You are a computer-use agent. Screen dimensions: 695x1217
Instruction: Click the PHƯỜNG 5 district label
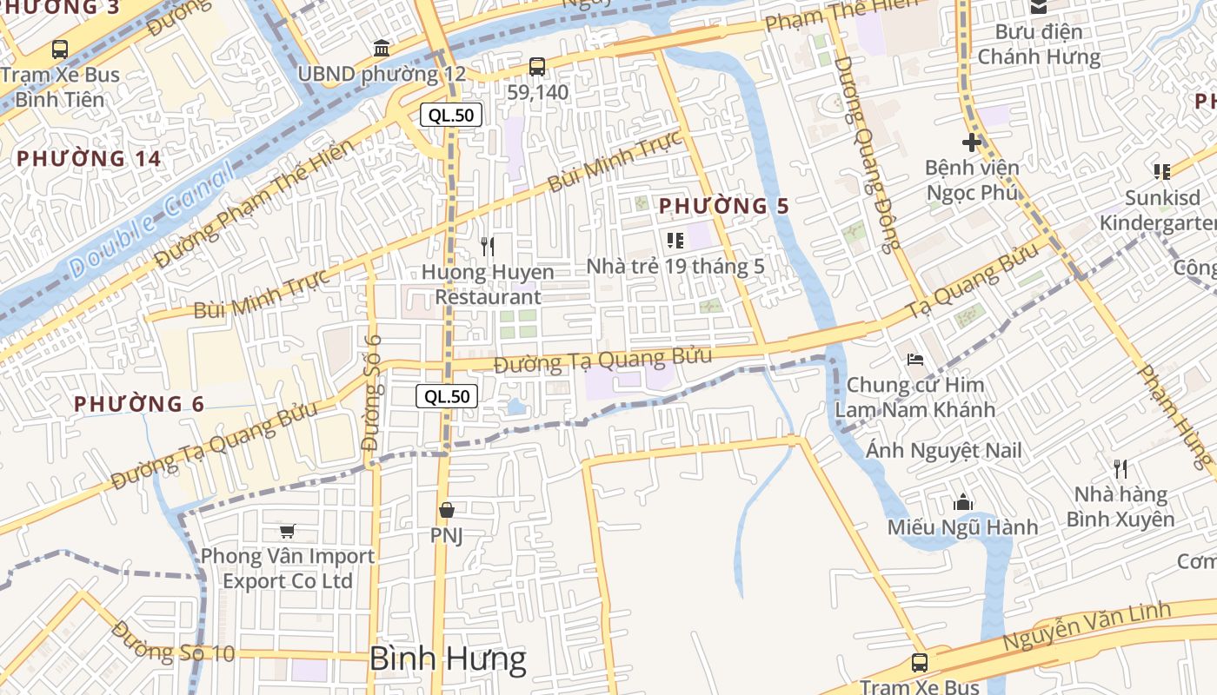[x=723, y=207]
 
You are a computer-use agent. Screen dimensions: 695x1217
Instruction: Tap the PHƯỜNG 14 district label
[x=89, y=159]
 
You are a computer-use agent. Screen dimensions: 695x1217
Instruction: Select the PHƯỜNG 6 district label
[x=139, y=404]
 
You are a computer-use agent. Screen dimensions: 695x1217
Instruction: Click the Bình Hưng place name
[x=448, y=659]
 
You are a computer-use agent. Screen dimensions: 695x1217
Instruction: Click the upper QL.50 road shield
[x=451, y=115]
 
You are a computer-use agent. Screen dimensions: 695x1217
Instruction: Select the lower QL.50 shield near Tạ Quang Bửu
[x=448, y=397]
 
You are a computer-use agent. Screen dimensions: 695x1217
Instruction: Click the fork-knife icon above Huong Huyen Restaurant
[x=488, y=247]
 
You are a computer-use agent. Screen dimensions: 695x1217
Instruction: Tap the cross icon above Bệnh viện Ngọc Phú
[x=972, y=142]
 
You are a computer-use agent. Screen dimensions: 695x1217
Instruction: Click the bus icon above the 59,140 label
[x=537, y=66]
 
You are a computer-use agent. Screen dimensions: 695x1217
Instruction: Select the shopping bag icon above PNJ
[x=447, y=510]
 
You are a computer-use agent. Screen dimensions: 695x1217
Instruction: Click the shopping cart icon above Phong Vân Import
[x=287, y=531]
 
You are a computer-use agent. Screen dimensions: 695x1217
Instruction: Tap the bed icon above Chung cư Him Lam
[x=914, y=359]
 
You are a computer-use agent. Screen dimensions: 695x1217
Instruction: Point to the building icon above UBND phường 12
[x=381, y=48]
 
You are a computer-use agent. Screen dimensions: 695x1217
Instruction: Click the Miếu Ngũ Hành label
[x=962, y=527]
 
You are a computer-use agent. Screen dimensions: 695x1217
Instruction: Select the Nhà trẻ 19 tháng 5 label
[x=675, y=266]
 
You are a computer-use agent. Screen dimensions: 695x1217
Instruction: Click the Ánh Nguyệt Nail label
[x=944, y=451]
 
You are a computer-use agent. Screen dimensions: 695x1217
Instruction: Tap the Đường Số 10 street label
[x=173, y=642]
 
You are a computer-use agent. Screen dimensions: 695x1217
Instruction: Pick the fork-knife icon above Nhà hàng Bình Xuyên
[x=1121, y=469]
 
